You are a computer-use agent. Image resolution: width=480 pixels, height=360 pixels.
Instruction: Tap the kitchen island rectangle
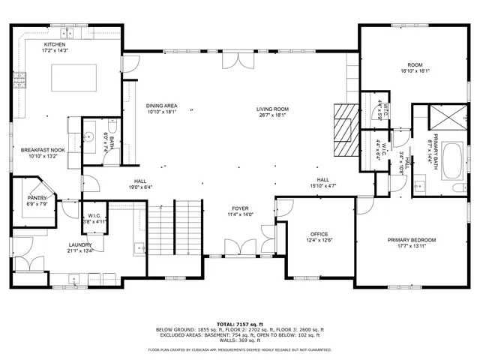74,78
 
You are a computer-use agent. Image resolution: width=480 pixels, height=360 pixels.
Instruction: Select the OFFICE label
319,237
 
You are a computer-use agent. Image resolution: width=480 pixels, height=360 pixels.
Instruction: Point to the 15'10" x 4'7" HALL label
323,183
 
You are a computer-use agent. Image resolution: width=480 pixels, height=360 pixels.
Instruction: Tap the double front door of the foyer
240,247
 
